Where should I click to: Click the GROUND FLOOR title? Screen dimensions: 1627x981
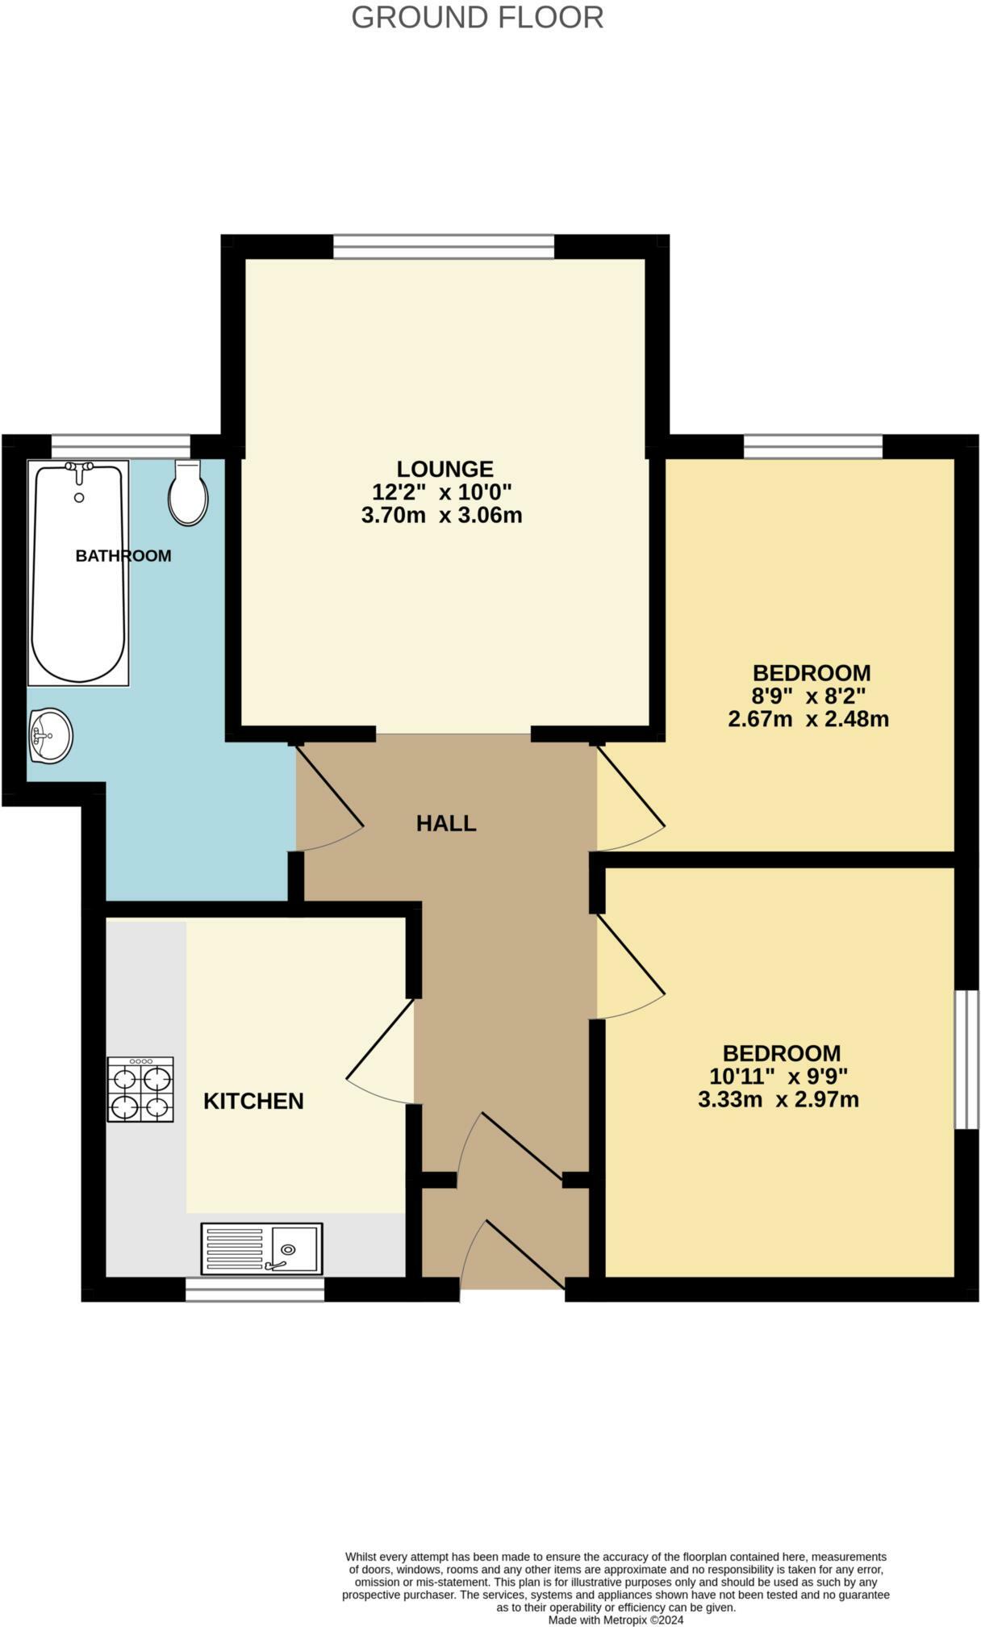point(477,17)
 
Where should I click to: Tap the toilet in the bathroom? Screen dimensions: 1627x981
point(188,493)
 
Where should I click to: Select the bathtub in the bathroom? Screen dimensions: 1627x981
point(78,571)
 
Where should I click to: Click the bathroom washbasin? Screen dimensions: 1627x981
point(50,735)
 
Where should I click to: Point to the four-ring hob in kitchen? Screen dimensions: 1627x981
point(141,1090)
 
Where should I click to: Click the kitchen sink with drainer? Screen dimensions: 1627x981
point(262,1248)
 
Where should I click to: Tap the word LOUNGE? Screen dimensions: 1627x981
point(445,469)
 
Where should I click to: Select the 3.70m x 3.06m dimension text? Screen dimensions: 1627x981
point(441,515)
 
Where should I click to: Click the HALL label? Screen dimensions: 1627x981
point(446,823)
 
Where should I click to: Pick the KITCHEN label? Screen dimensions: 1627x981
point(253,1101)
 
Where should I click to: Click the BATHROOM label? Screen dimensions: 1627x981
point(123,555)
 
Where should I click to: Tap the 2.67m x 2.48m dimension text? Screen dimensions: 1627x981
point(808,718)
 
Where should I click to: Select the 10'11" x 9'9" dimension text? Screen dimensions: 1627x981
point(779,1076)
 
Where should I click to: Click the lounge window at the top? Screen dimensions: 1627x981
point(444,246)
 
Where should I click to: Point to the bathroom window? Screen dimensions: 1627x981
point(120,446)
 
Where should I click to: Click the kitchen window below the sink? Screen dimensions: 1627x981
point(255,1289)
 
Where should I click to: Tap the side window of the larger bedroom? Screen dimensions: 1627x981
point(966,1059)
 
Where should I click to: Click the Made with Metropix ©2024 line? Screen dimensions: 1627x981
point(616,1619)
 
